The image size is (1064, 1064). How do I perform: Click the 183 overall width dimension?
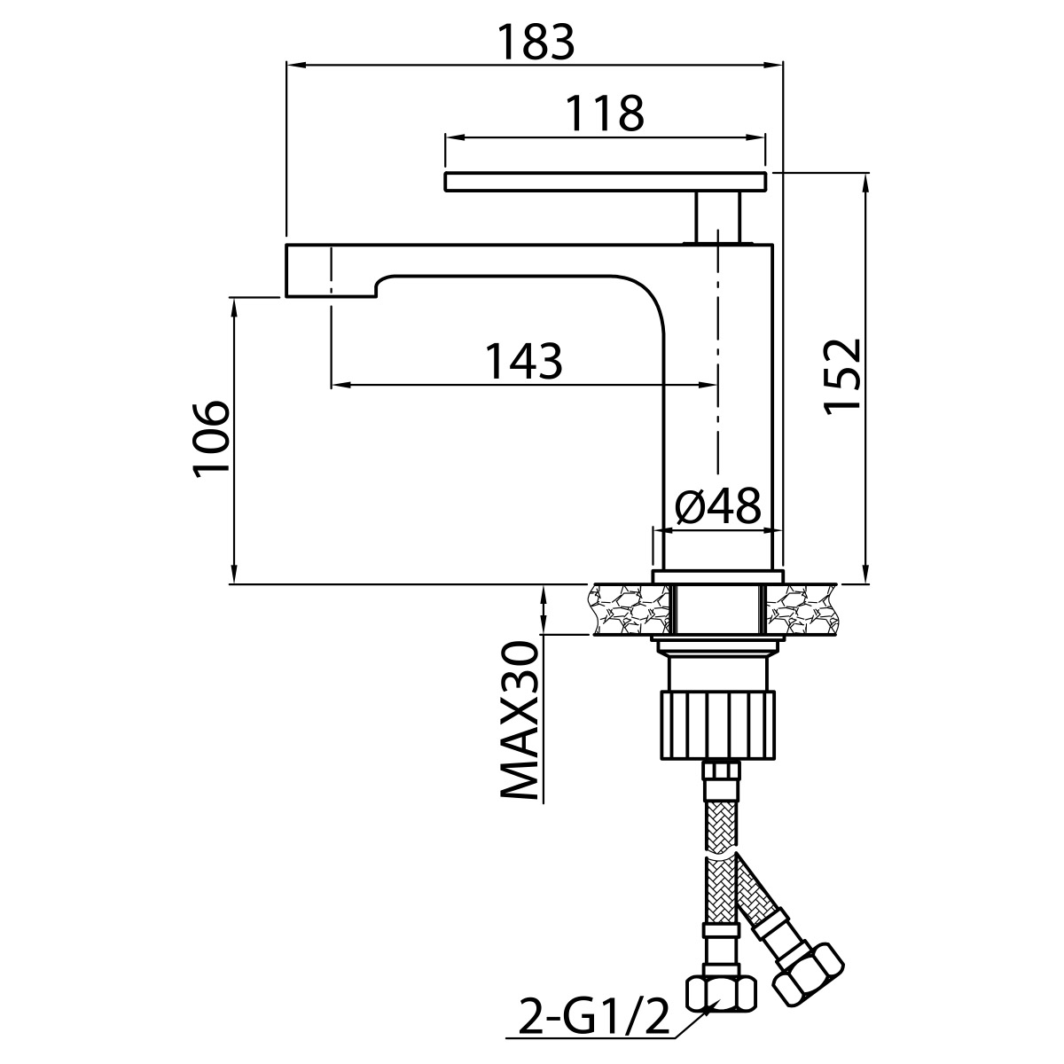tap(536, 43)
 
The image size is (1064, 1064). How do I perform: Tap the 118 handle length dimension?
tap(606, 113)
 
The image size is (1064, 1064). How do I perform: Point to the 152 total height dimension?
tap(842, 376)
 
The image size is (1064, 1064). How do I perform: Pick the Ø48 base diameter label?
tap(718, 507)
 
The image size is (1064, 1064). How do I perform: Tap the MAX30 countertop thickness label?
tap(519, 721)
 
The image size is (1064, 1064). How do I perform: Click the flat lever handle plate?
tap(606, 182)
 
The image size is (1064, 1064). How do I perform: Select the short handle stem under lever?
tap(718, 217)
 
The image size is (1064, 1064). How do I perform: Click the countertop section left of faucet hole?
tap(630, 609)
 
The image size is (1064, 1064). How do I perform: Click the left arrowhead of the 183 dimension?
tap(296, 65)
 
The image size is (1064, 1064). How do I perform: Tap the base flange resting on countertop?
tap(718, 577)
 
